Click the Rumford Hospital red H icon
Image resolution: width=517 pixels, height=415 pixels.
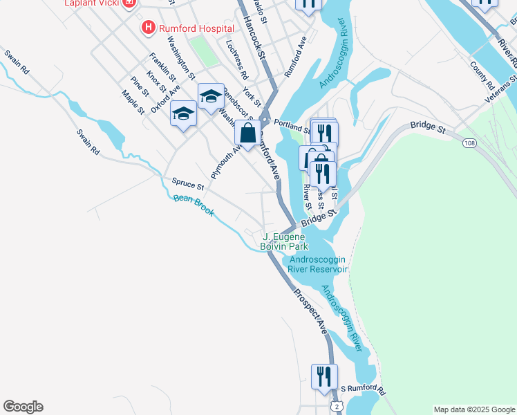[x=147, y=28]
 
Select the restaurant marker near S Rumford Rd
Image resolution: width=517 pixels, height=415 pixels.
[x=323, y=376]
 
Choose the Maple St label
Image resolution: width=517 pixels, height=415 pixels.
[x=133, y=102]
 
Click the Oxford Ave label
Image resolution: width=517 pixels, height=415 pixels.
[x=166, y=97]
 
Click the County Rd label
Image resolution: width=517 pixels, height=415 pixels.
[x=481, y=77]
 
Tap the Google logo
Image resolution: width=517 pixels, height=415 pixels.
[x=23, y=407]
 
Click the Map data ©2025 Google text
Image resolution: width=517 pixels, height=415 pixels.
[x=473, y=409]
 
